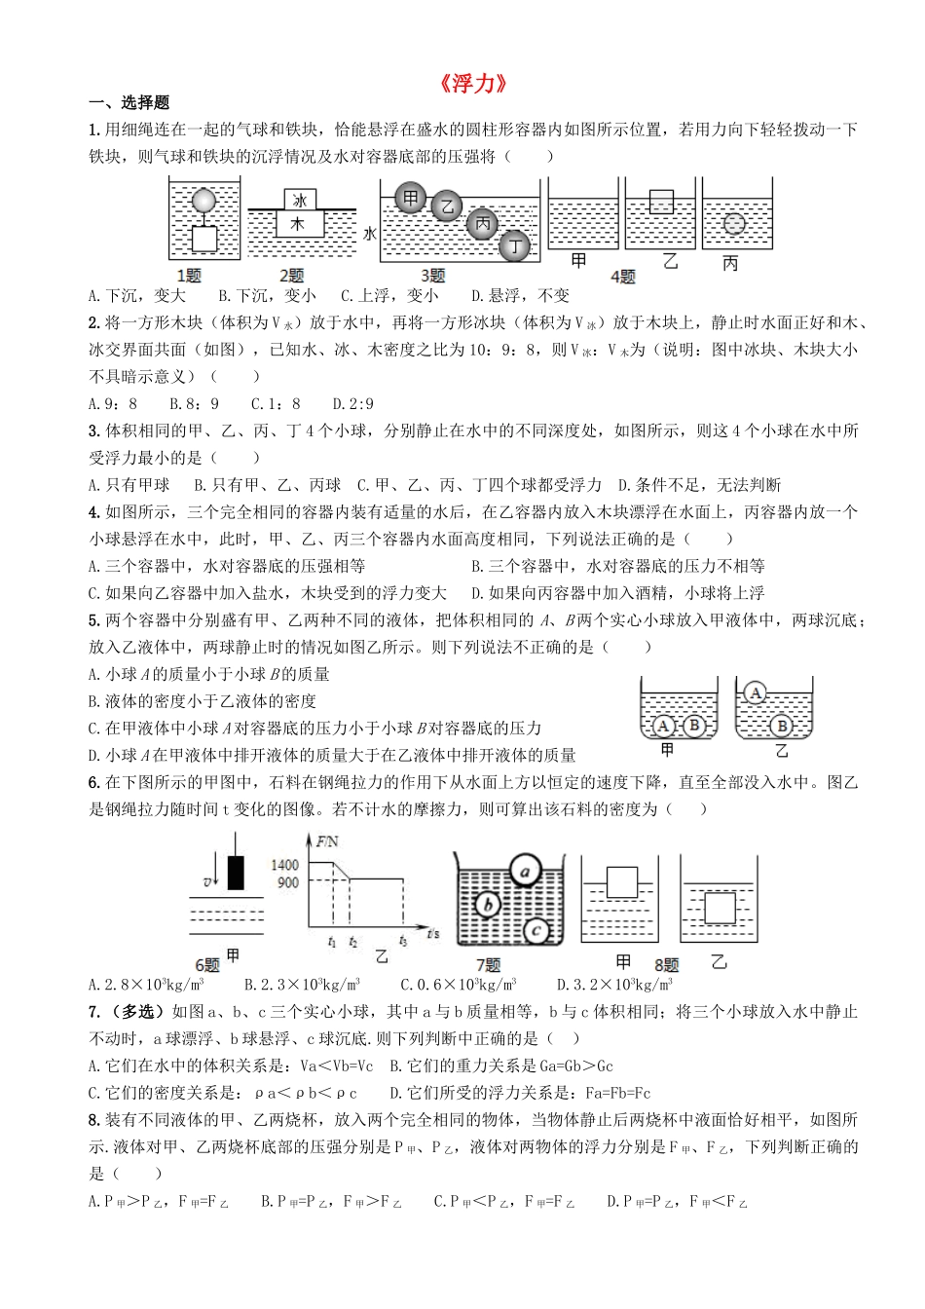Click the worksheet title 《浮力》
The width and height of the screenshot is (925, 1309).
473,85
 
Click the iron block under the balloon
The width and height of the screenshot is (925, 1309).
203,240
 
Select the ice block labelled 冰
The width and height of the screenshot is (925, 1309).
300,200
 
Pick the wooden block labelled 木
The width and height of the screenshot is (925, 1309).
299,224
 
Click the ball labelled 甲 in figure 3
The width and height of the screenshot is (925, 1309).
411,199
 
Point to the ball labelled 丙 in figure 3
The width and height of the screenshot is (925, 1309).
482,223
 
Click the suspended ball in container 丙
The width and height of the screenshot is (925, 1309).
734,224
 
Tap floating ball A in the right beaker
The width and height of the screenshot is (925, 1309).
757,693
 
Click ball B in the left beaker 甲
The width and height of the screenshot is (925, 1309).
693,725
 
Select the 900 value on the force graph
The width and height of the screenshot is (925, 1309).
289,882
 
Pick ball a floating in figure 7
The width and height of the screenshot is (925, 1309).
525,871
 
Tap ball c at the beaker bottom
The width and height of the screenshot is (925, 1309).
536,931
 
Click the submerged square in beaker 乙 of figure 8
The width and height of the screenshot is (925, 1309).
719,908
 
